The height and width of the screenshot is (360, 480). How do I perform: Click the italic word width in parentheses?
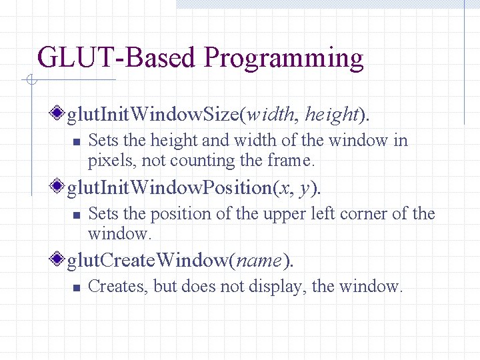(x=271, y=115)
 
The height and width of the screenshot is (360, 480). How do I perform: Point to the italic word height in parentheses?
(x=331, y=115)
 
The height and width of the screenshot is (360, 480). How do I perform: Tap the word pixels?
(x=106, y=161)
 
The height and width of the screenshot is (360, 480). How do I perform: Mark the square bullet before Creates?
(x=76, y=288)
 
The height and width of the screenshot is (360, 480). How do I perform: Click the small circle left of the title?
(x=31, y=81)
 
